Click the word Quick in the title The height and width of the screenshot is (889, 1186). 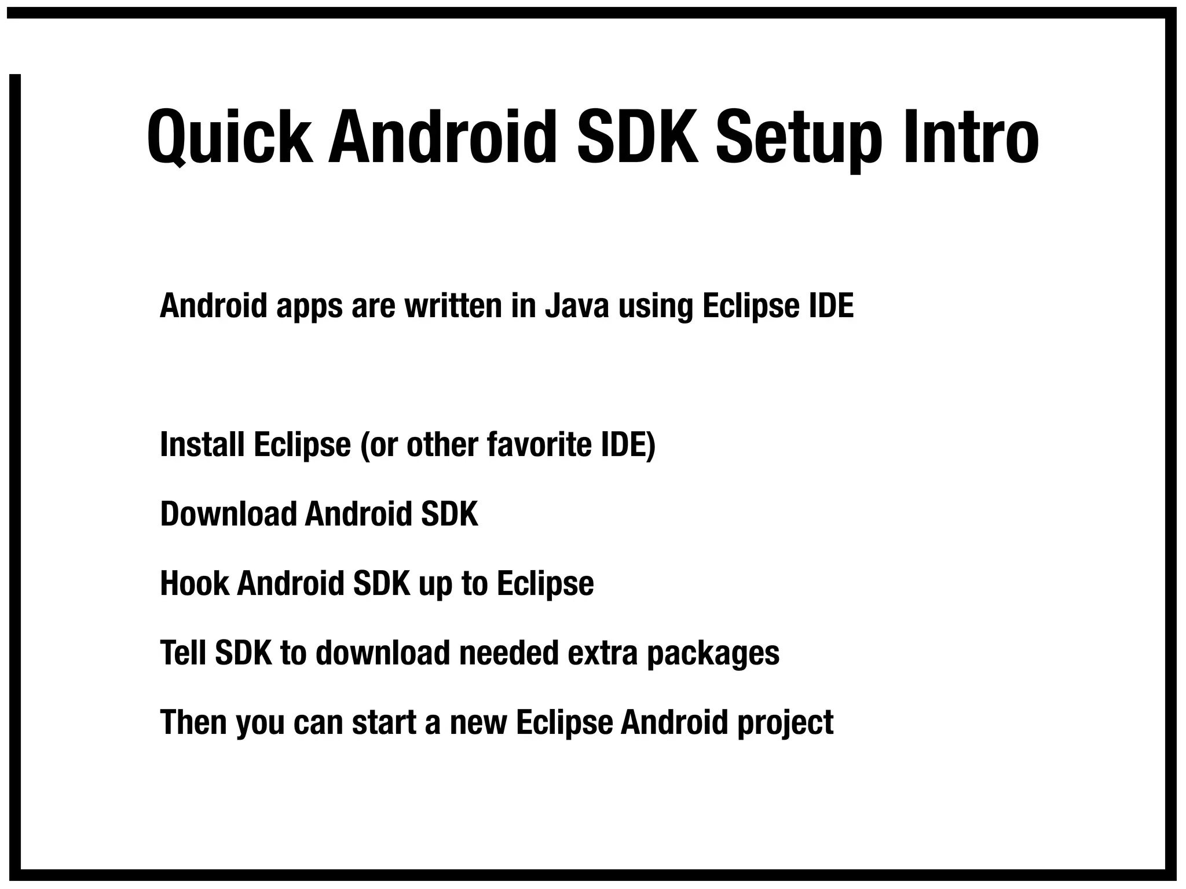(229, 138)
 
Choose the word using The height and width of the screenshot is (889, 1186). (656, 307)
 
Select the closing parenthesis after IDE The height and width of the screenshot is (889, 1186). (651, 446)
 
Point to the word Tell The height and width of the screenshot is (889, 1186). (182, 653)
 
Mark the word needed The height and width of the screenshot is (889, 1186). (509, 653)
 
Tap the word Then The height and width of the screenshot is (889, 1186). (193, 722)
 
